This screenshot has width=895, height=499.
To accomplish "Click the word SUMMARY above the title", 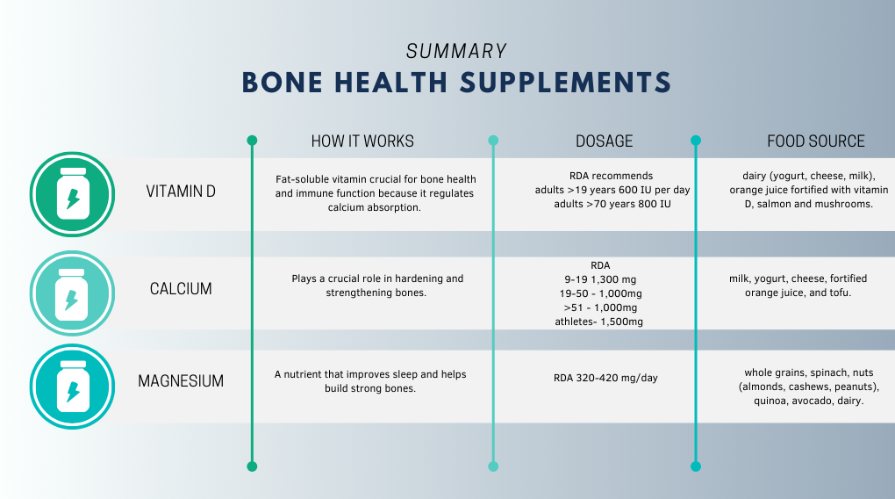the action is (x=456, y=52).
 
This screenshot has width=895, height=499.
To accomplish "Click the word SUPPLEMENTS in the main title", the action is (x=566, y=83).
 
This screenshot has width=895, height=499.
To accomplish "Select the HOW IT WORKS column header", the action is (x=362, y=141).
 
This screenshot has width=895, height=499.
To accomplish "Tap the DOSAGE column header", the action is (x=604, y=141).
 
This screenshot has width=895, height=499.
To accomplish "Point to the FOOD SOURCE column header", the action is (x=816, y=141).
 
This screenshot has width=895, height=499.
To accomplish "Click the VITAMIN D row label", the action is (x=181, y=192).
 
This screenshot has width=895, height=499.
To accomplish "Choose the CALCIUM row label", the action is (x=181, y=289).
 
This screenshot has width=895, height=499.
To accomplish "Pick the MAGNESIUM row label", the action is (x=181, y=381).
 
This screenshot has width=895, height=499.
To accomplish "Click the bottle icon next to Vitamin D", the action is (x=73, y=194).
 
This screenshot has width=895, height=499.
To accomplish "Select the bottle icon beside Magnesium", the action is (x=73, y=387).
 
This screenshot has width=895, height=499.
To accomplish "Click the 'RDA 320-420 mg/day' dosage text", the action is (x=605, y=378).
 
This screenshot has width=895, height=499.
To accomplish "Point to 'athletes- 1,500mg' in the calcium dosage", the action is (x=598, y=322).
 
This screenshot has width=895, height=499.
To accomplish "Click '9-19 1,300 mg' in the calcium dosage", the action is (x=600, y=279).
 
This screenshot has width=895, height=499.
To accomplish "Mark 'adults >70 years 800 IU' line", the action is (x=612, y=204).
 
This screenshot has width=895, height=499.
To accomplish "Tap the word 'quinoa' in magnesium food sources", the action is (x=770, y=401).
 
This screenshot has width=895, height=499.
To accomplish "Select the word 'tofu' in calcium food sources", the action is (x=839, y=293).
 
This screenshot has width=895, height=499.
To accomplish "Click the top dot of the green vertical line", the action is (x=252, y=141).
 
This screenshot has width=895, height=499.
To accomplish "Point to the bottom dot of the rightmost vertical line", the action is (x=696, y=466).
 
